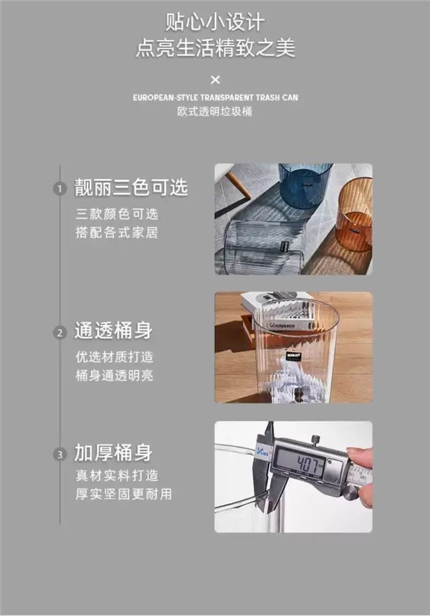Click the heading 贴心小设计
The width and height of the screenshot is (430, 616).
[x=214, y=22]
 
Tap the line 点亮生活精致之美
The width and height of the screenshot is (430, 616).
[x=216, y=48]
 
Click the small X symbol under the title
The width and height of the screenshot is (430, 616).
[x=216, y=79]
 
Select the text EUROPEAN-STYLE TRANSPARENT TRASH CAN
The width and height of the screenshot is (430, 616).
[x=216, y=97]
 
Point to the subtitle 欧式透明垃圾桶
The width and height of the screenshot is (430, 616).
[x=214, y=111]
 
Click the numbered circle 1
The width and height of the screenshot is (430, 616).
[x=60, y=189]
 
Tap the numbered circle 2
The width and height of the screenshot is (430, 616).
[x=60, y=333]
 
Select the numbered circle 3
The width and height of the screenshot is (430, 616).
[x=60, y=455]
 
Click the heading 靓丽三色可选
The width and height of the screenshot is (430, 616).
[x=131, y=187]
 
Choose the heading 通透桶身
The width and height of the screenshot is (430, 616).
[x=113, y=330]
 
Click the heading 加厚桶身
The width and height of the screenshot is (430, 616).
[x=113, y=452]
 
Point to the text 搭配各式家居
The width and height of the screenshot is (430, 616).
[x=116, y=232]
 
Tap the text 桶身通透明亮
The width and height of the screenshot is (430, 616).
[x=115, y=375]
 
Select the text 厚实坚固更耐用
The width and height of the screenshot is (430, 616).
[x=124, y=494]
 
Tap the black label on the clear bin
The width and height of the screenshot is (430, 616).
[x=293, y=355]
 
